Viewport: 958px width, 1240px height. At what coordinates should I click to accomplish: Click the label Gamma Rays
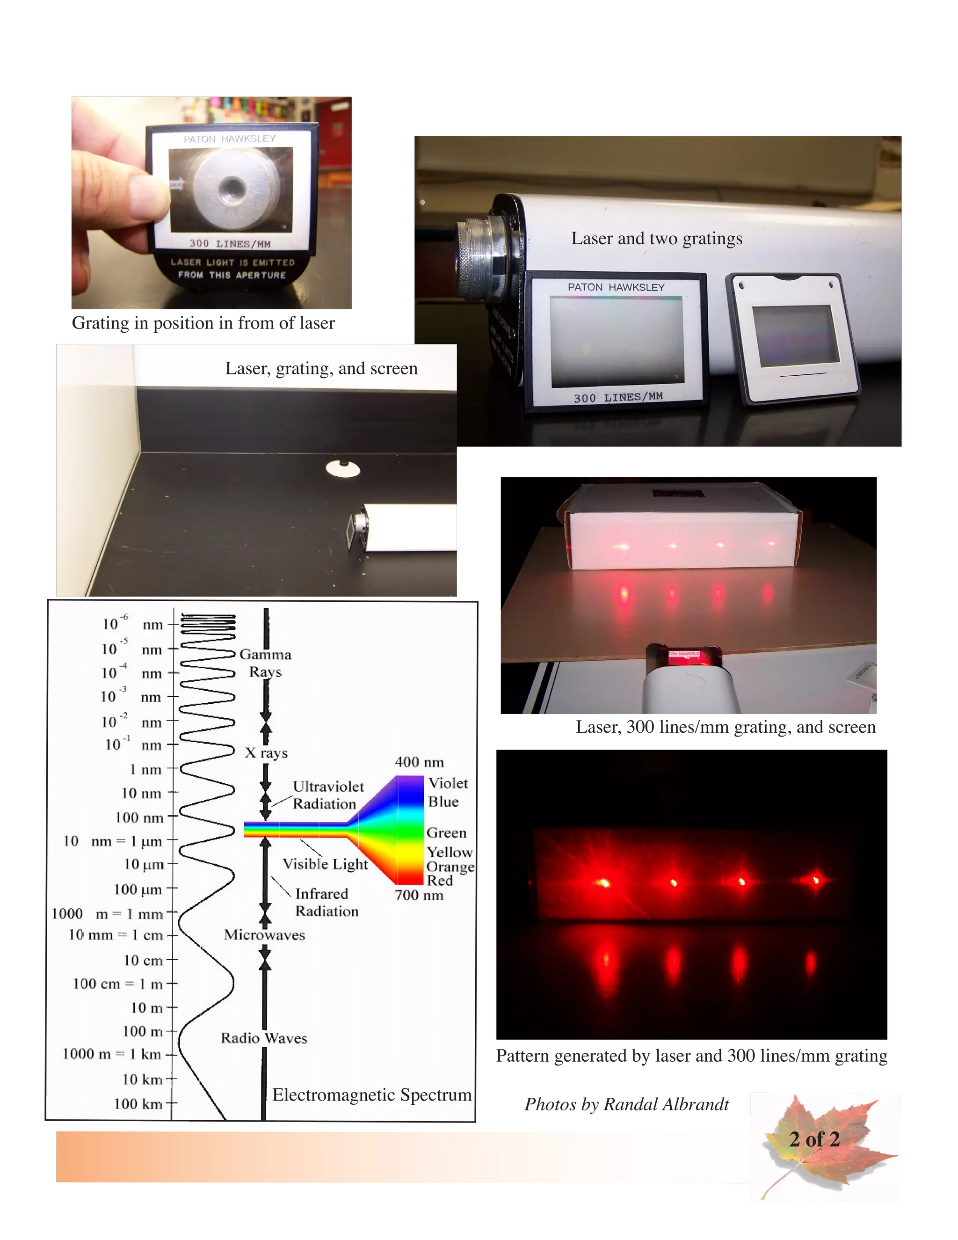click(x=265, y=663)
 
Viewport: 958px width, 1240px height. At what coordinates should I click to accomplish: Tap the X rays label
click(x=266, y=753)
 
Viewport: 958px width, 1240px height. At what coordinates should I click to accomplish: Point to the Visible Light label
click(x=325, y=864)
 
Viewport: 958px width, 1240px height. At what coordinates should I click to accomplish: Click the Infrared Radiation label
click(x=327, y=902)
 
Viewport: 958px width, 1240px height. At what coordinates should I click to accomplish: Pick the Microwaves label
click(x=264, y=934)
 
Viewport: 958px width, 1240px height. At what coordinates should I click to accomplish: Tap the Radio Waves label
click(x=264, y=1038)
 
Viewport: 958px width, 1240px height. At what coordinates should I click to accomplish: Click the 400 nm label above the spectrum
click(x=420, y=762)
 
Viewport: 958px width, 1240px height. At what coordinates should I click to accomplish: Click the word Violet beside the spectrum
click(x=448, y=783)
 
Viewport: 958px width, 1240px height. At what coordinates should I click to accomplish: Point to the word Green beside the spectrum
click(x=446, y=832)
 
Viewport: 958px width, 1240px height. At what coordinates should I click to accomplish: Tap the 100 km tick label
click(x=138, y=1104)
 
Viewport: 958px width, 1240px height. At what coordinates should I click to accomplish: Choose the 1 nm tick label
click(x=145, y=769)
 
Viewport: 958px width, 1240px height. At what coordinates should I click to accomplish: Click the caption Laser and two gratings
click(x=657, y=239)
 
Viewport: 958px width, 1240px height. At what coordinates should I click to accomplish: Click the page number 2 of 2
click(x=814, y=1139)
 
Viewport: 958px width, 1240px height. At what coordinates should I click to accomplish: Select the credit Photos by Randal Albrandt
click(x=626, y=1104)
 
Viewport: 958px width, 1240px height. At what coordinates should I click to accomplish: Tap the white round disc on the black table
click(x=343, y=468)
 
